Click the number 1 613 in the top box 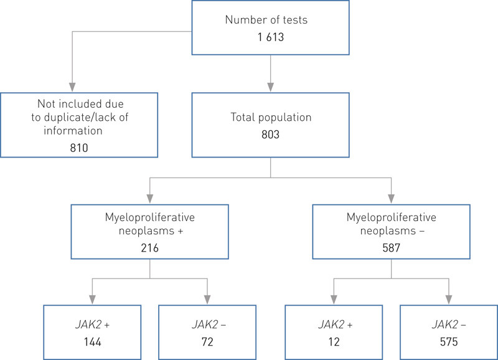[270, 37]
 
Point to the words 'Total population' [270, 116]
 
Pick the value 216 [149, 247]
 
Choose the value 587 [390, 247]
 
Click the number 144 [92, 342]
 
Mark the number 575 [448, 342]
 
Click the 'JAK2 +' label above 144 [92, 325]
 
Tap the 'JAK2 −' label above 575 [448, 325]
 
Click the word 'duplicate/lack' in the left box [90, 116]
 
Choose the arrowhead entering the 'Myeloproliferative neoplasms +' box [149, 199]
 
